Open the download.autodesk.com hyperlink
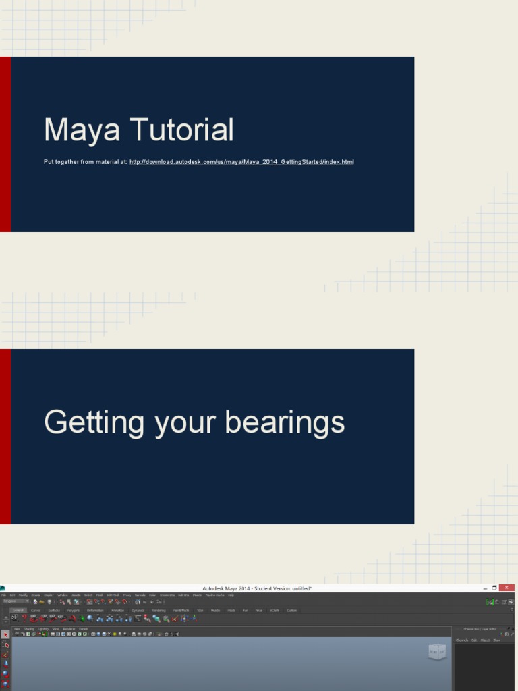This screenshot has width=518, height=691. [241, 162]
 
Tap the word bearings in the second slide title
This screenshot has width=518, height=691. [284, 423]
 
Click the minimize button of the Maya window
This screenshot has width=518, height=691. [485, 588]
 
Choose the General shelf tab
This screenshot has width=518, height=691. [18, 610]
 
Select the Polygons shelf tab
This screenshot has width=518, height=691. [73, 610]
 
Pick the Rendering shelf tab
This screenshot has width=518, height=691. [158, 610]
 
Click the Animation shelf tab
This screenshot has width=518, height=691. [118, 610]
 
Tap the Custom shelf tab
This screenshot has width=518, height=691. [291, 610]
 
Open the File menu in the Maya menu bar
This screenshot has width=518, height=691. [3, 595]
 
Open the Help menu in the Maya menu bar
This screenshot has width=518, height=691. [231, 595]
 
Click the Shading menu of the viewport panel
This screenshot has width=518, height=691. [29, 628]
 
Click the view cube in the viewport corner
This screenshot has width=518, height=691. [437, 652]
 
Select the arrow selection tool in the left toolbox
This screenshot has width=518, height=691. [5, 635]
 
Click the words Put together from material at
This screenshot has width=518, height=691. [85, 162]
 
